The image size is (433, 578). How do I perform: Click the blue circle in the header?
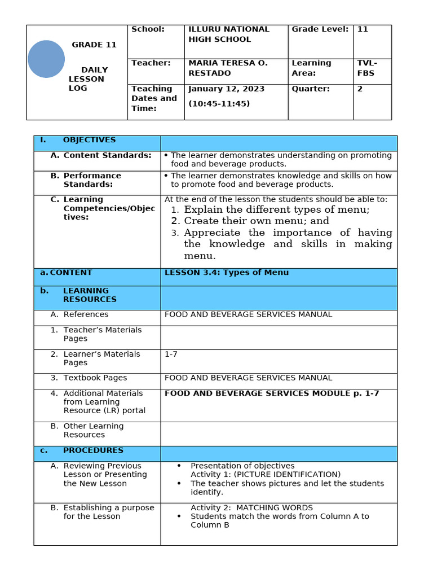tap(46, 59)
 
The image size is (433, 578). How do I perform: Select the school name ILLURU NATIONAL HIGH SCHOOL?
tap(229, 34)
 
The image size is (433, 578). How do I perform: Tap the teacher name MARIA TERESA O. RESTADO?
tap(228, 68)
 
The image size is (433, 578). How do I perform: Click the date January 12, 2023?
tap(226, 89)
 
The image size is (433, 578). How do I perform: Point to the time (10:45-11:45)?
tap(219, 103)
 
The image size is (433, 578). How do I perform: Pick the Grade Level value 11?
tap(363, 29)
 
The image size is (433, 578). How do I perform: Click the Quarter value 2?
tap(360, 89)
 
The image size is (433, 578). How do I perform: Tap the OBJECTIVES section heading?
tap(89, 140)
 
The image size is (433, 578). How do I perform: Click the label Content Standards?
tap(107, 155)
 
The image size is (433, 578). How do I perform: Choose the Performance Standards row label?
tap(92, 180)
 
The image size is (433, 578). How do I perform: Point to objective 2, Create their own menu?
tap(256, 221)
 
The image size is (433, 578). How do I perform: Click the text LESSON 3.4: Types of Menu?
tap(226, 273)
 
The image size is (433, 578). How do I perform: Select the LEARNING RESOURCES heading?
tap(90, 295)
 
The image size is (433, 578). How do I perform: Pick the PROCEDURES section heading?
tap(92, 450)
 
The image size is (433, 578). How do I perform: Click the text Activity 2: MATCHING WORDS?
tap(251, 507)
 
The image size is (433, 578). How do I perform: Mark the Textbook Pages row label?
tap(95, 378)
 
